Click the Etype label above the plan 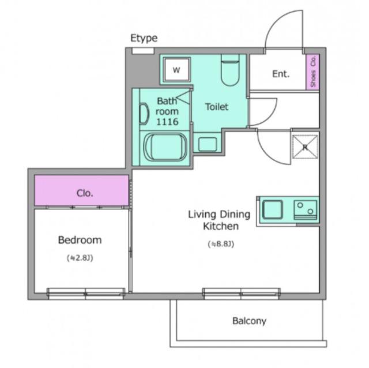click(144, 38)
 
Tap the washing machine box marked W click(177, 70)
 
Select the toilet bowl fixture click(230, 70)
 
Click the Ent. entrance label click(281, 74)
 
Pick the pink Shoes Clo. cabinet click(312, 72)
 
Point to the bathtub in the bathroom click(166, 148)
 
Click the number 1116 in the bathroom click(167, 122)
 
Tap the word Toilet click(217, 107)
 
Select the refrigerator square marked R click(305, 147)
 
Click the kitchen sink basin click(272, 209)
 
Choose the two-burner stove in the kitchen click(305, 210)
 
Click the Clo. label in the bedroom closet click(85, 193)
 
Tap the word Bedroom click(80, 240)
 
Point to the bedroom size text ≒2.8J click(80, 258)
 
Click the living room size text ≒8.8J click(221, 244)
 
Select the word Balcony click(249, 321)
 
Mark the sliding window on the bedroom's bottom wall click(86, 294)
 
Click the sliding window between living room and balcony click(242, 294)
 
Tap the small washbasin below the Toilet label click(208, 144)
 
